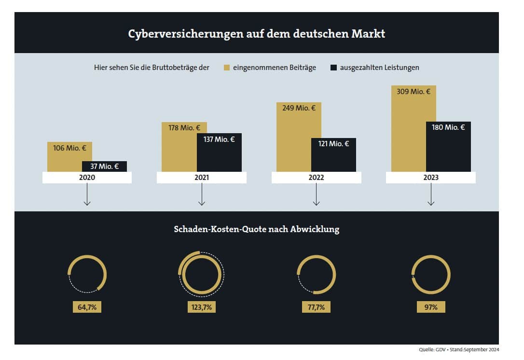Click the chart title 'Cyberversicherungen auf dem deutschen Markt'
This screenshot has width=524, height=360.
click(256, 34)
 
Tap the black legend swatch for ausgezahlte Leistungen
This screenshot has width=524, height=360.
click(333, 68)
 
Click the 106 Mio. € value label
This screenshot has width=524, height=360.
click(69, 148)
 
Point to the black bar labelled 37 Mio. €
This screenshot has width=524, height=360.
click(104, 166)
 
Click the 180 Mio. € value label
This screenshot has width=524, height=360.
click(448, 127)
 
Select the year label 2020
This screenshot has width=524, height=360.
click(87, 178)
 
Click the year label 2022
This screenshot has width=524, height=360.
click(316, 178)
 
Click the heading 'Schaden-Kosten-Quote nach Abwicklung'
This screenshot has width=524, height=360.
click(256, 229)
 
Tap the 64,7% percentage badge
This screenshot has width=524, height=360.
click(87, 307)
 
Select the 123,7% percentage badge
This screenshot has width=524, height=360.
click(201, 307)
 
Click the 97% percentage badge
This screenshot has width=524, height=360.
click(430, 307)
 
